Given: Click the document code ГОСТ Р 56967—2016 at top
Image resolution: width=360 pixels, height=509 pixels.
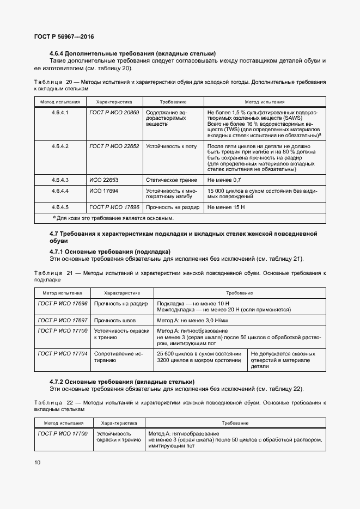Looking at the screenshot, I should pyautogui.click(x=64, y=36).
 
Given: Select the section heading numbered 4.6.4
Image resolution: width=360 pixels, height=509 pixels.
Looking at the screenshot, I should pyautogui.click(x=132, y=53).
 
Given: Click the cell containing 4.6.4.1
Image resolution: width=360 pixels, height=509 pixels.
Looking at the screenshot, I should pyautogui.click(x=59, y=112).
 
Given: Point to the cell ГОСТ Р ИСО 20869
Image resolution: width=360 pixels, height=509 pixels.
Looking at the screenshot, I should pyautogui.click(x=114, y=112).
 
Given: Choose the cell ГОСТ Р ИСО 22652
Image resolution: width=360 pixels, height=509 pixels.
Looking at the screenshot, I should pyautogui.click(x=114, y=146).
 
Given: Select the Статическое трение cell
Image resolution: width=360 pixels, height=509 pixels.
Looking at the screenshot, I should pyautogui.click(x=170, y=180).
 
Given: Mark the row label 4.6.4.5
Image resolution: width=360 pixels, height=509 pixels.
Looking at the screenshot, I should pyautogui.click(x=59, y=207).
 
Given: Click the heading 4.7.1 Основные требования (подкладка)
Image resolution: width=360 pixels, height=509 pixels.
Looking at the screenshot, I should pyautogui.click(x=109, y=252).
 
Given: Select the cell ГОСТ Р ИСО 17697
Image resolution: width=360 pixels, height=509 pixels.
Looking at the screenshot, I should pyautogui.click(x=62, y=320).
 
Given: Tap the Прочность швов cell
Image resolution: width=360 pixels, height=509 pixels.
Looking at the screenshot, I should pyautogui.click(x=115, y=320).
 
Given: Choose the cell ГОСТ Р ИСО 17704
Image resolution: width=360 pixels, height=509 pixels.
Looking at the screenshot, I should pyautogui.click(x=62, y=354).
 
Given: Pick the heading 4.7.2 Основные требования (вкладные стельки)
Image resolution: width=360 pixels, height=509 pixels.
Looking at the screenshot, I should pyautogui.click(x=122, y=381).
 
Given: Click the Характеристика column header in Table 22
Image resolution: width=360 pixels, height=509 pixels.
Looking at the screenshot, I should pyautogui.click(x=119, y=422).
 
